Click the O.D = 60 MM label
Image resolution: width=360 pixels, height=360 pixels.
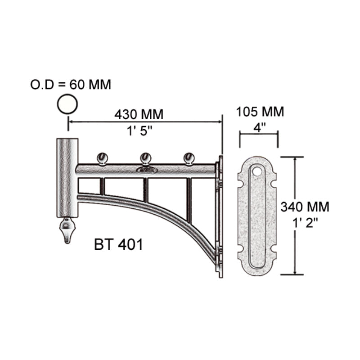click(x=70, y=84)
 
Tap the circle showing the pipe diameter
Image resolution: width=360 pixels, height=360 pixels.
click(x=67, y=104)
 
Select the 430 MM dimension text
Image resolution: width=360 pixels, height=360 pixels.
click(x=139, y=114)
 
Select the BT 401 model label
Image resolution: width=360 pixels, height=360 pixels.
click(x=119, y=245)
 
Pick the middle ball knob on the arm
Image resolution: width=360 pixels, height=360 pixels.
click(x=145, y=157)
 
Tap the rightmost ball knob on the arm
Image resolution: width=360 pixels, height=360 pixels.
click(x=189, y=157)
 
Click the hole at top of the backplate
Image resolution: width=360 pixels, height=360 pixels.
click(x=257, y=171)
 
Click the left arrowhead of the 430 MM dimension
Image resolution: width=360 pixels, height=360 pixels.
click(x=71, y=121)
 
